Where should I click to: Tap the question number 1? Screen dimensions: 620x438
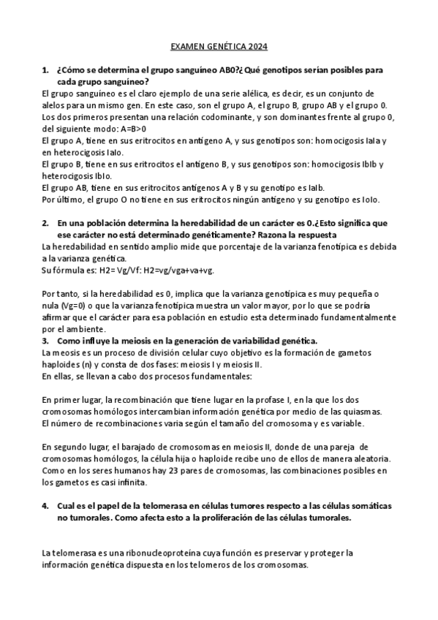(45, 70)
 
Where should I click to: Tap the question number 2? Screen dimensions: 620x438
(45, 223)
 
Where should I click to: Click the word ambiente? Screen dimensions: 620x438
(77, 328)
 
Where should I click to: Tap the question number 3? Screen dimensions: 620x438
(45, 340)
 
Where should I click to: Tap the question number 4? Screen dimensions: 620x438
(45, 505)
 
